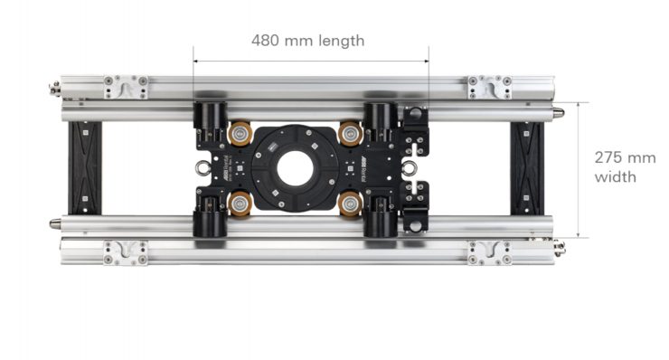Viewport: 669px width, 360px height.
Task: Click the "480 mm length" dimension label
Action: point(307,41)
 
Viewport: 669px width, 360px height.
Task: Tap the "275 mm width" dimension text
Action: point(625,167)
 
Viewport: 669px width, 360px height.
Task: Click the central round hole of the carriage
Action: point(295,168)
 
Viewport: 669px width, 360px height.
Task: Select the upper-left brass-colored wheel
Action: point(240,133)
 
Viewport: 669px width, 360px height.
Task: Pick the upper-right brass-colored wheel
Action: point(350,133)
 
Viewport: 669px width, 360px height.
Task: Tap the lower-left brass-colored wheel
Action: point(240,204)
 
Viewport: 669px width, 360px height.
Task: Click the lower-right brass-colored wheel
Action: point(350,204)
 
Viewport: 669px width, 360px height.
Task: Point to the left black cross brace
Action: point(85,168)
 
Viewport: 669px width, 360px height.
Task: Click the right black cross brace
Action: point(527,168)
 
